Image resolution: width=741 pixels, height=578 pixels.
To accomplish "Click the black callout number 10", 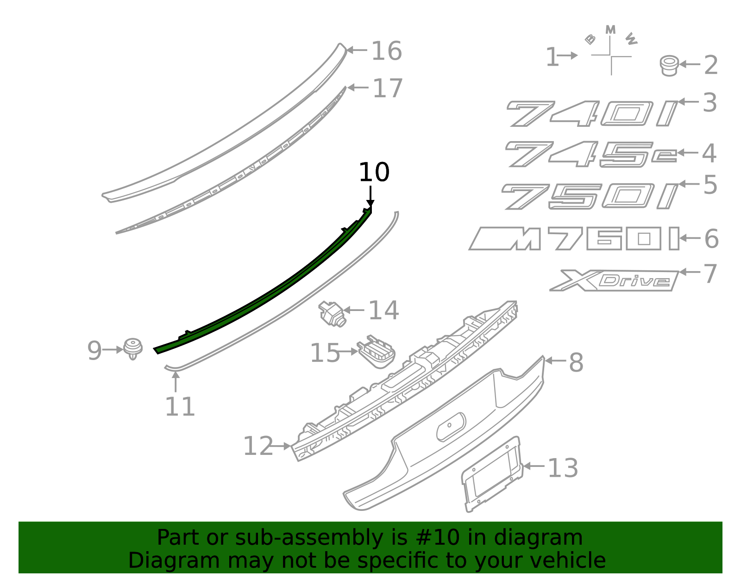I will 374,173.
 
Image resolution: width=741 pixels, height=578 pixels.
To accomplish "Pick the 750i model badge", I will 589,196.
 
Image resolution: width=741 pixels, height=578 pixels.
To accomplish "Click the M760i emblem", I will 574,239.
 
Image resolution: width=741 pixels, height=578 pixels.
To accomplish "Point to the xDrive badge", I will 614,280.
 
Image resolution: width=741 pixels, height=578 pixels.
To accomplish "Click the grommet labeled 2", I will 669,66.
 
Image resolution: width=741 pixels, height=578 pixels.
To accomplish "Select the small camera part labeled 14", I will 332,313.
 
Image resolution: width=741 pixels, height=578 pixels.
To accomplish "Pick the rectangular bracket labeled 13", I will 492,474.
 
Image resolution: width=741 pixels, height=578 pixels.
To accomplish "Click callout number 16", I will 387,51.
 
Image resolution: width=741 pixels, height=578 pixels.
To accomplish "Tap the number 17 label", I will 388,88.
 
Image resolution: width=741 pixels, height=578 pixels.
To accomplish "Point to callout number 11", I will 180,407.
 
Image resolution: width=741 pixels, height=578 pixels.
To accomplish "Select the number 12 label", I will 258,447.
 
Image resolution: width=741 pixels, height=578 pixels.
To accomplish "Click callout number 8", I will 576,362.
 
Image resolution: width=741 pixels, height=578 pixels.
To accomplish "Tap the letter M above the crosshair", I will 610,30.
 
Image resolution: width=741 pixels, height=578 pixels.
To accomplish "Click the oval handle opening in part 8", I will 451,426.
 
